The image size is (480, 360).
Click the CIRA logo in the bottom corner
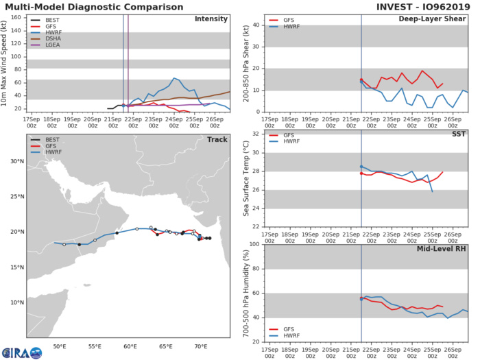point(21,350)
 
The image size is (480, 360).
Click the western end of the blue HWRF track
point(55,243)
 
